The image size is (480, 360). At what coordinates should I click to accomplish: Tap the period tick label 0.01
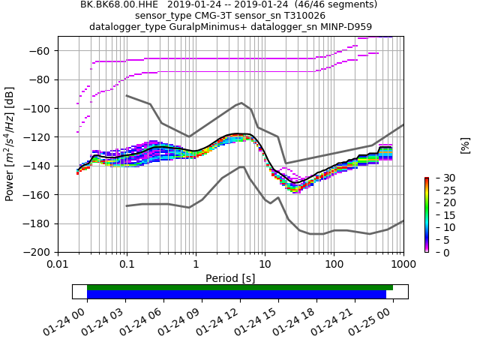pyautogui.click(x=58, y=265)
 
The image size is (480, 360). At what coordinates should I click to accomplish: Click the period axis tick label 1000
pyautogui.click(x=403, y=265)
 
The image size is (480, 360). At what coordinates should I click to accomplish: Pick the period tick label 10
pyautogui.click(x=265, y=265)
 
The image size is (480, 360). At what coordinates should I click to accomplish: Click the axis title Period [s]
pyautogui.click(x=230, y=278)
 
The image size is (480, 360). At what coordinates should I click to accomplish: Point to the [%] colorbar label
pyautogui.click(x=465, y=145)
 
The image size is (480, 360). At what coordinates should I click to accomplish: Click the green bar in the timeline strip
pyautogui.click(x=240, y=287)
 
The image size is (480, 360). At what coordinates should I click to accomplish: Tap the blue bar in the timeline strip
pyautogui.click(x=236, y=295)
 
